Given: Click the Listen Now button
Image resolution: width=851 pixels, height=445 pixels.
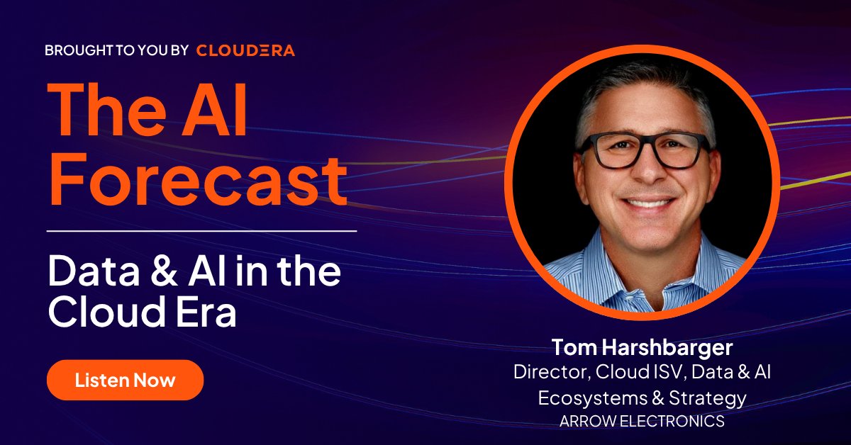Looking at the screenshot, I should pos(125,380).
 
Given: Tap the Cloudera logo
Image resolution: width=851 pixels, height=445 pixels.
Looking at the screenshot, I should pos(245,50).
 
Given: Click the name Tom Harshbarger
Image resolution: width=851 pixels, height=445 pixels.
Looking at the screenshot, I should pos(642,349).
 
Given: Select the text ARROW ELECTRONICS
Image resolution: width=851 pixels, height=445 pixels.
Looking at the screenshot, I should pos(642,421).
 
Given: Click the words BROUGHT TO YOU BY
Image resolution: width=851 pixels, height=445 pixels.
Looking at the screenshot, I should pos(116,50).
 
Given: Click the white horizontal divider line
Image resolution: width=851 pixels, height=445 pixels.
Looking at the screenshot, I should pos(202,231).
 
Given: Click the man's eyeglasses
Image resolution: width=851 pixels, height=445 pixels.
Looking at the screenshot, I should pos(642,151).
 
